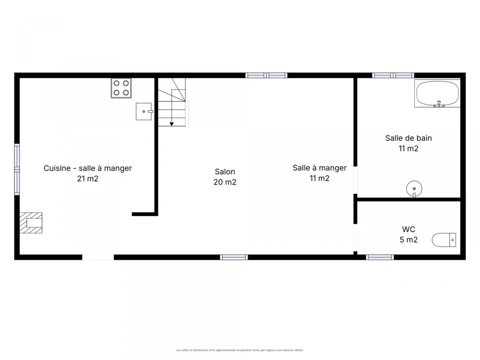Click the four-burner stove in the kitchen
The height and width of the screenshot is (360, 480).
coord(121,88)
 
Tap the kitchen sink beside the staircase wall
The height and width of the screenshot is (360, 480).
coord(144,112)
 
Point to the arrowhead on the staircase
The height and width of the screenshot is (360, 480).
coord(172,124)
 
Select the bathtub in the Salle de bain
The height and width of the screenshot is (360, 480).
coord(437,93)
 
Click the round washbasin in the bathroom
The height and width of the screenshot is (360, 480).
coord(414,188)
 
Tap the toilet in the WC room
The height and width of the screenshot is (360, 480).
coord(444,240)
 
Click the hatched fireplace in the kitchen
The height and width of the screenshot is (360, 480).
coord(31,223)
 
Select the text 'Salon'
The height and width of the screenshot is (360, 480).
coord(225,172)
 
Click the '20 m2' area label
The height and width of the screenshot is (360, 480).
coord(225,182)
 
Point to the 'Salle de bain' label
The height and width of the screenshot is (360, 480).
coord(408,138)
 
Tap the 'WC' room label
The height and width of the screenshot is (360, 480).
coord(408,229)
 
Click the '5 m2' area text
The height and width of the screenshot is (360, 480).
coord(408,240)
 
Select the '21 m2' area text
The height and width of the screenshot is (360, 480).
coord(88,179)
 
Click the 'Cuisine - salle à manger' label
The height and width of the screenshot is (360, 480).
coord(88,168)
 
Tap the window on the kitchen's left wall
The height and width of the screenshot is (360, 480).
coord(17,169)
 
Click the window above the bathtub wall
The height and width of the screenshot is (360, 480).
coord(393,75)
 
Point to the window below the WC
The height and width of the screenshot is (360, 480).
coord(380,257)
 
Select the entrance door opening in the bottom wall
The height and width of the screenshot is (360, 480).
coord(98,257)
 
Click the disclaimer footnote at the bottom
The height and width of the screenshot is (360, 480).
coord(240,350)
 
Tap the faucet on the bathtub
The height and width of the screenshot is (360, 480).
coord(439,104)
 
